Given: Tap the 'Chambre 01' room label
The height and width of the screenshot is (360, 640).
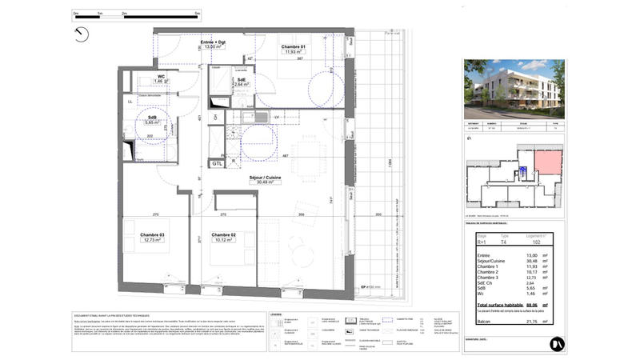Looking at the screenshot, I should tap(294, 47).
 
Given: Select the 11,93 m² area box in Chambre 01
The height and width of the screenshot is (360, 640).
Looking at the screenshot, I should tap(294, 53).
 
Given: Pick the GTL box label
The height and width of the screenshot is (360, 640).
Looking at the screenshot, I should tap(217, 163).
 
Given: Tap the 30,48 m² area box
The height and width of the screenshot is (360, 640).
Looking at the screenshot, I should tap(261, 182).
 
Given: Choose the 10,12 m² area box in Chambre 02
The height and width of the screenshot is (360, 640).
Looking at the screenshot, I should tap(222, 240).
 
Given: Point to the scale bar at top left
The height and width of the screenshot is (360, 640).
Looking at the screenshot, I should tap(135, 14).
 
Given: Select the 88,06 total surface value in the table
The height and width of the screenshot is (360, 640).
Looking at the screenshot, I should tap(526, 304).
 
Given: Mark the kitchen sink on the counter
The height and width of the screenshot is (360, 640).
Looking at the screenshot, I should tap(262, 120).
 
